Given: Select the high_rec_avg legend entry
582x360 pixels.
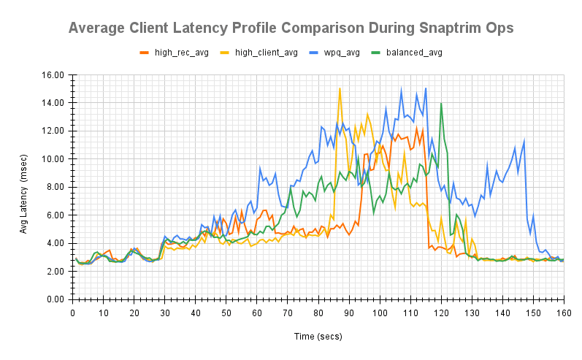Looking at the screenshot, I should click(x=181, y=53).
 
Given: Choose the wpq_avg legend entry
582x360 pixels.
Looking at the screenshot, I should click(x=342, y=53).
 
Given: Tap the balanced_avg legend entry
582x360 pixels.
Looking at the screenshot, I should click(x=414, y=53).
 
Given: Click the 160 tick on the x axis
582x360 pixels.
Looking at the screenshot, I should click(x=563, y=313).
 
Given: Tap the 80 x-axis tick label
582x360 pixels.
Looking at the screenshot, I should click(x=318, y=313).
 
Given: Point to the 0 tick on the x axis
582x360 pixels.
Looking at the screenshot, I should click(x=73, y=313).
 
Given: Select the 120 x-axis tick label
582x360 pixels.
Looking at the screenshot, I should click(x=441, y=313).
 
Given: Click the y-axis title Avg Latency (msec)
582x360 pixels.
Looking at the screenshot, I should click(x=25, y=187).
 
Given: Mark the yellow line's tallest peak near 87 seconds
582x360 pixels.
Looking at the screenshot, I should click(x=340, y=88).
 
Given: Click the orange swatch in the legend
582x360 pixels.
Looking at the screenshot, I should click(x=144, y=53).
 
